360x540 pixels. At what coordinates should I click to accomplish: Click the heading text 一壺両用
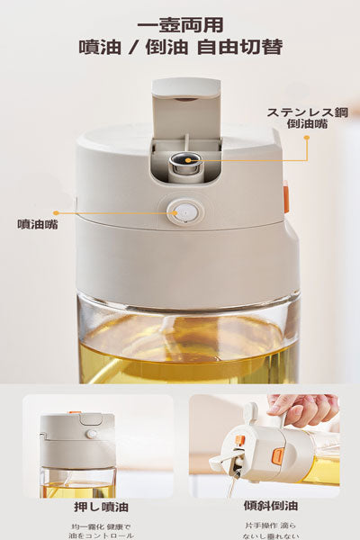[x=181, y=25]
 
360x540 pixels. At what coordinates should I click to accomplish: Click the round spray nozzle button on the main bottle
[x=184, y=212]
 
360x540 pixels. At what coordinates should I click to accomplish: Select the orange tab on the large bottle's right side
[x=286, y=197]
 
